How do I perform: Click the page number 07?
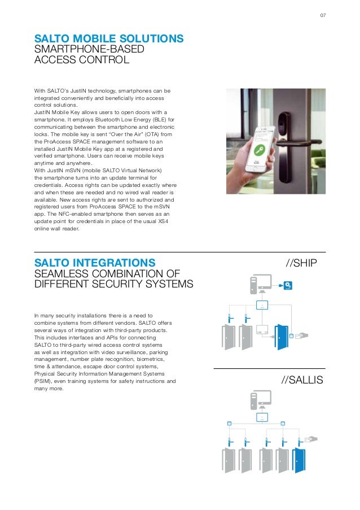click(x=323, y=15)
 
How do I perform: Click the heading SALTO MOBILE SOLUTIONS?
click(x=109, y=38)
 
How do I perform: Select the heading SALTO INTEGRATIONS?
click(x=95, y=262)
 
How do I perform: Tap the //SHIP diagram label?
click(x=302, y=263)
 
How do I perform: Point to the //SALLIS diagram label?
click(x=302, y=380)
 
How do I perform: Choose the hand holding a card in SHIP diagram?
click(x=302, y=335)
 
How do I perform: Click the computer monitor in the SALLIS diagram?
click(x=261, y=398)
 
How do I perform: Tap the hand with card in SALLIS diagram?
click(x=311, y=439)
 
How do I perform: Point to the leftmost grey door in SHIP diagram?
click(x=230, y=337)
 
